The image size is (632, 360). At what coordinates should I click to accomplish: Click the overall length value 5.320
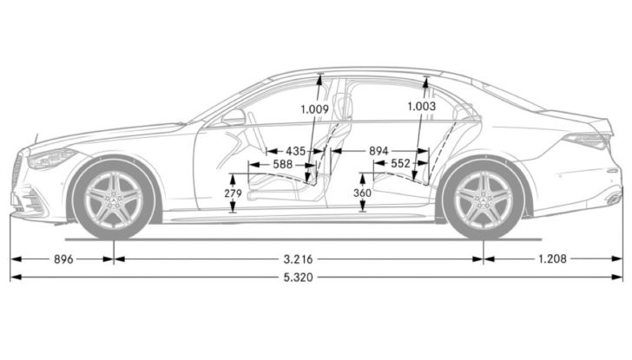(x=297, y=278)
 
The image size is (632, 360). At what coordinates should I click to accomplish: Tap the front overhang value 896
(x=63, y=259)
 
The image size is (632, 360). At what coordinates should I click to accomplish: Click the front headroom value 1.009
(x=314, y=110)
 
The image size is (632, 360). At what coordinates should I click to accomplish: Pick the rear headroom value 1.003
(x=423, y=106)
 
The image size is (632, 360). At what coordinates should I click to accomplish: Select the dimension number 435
(x=295, y=151)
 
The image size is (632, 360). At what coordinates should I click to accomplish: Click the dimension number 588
(x=281, y=163)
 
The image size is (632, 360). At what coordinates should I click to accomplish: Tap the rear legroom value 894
(x=379, y=151)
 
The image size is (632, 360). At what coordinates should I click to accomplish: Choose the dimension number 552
(x=400, y=163)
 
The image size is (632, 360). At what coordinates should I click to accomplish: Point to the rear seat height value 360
(x=362, y=193)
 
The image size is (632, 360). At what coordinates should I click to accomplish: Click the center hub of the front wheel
(x=115, y=199)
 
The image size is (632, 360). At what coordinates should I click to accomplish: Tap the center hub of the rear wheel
(x=484, y=199)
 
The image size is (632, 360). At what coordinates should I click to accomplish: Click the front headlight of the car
(x=51, y=158)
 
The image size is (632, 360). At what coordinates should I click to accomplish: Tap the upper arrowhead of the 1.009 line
(x=319, y=79)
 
